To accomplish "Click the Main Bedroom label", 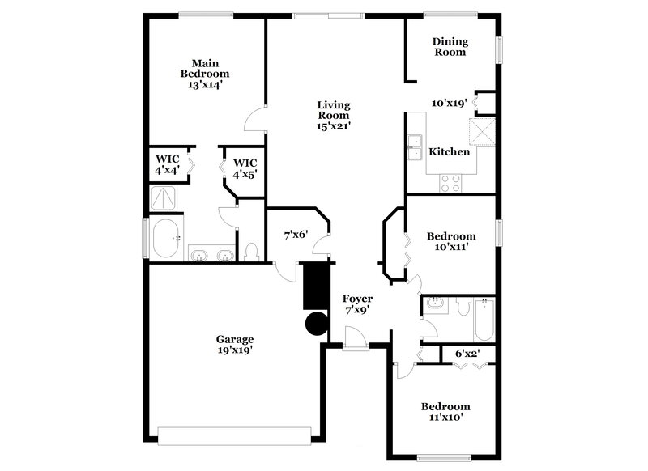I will (x=204, y=73).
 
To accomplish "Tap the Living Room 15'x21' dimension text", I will (x=333, y=126).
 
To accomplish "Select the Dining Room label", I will (x=450, y=47).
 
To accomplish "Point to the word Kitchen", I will (x=449, y=151).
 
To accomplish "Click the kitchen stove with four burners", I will (x=450, y=183).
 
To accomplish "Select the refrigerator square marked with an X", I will (x=484, y=130).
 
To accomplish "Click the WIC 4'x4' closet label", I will (x=167, y=165).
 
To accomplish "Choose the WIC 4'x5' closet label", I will (x=245, y=168).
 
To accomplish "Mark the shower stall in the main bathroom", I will (x=165, y=199).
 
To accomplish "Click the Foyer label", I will (x=356, y=303).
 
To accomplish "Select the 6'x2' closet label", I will (x=467, y=354).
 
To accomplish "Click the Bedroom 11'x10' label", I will (x=445, y=412).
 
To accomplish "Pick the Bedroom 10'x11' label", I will (x=451, y=242).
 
